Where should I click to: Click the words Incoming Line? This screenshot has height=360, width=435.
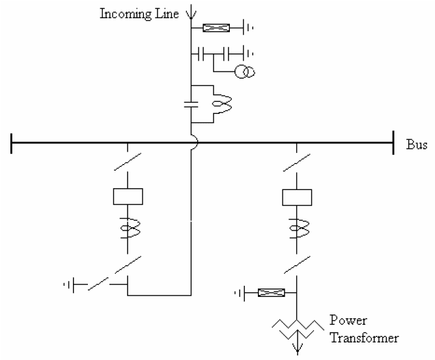(x=137, y=14)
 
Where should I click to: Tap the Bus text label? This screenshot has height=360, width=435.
(x=416, y=145)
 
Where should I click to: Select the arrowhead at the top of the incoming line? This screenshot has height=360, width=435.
(x=191, y=12)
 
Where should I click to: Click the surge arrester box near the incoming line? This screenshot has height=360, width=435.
(x=216, y=28)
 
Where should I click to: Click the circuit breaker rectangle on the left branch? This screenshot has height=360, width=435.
(x=128, y=196)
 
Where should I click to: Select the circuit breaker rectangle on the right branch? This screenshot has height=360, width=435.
(x=297, y=196)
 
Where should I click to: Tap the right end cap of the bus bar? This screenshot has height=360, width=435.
(x=393, y=143)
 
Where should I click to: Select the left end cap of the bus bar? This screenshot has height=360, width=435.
(x=11, y=143)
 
